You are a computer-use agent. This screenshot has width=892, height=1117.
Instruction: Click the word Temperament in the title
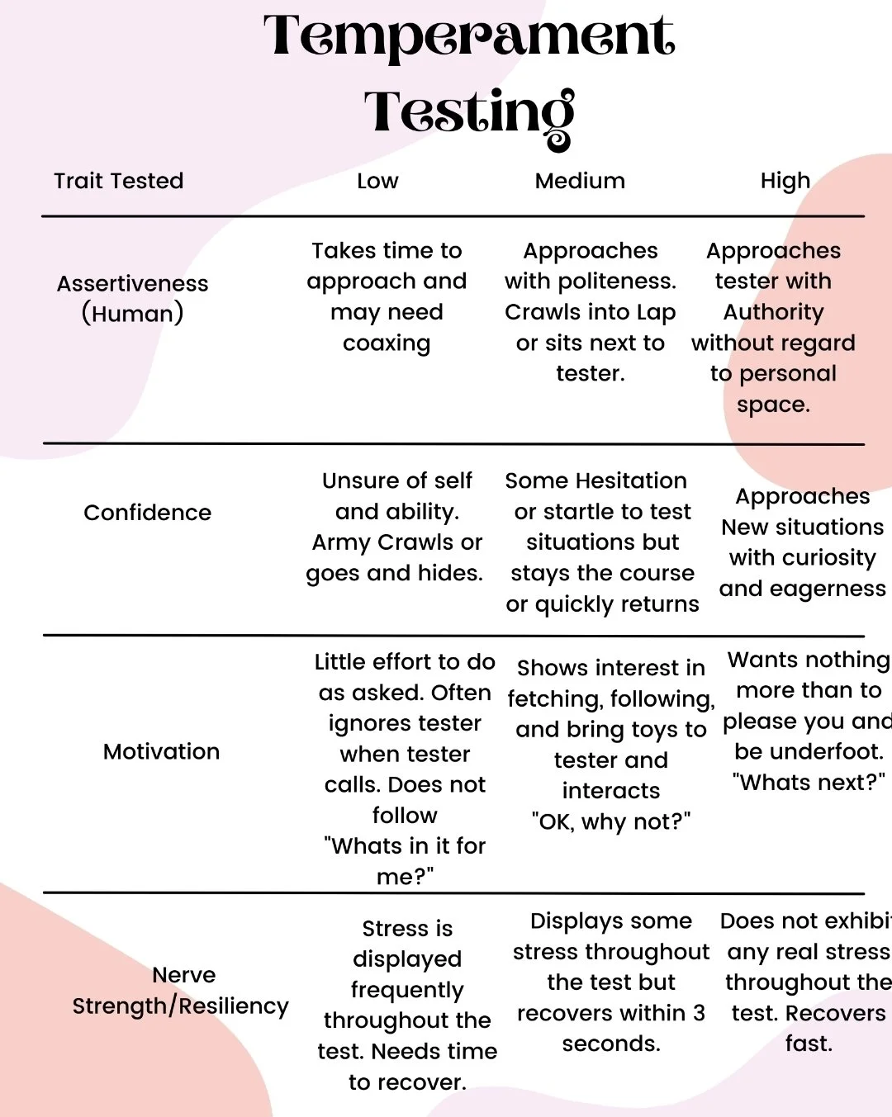tap(469, 36)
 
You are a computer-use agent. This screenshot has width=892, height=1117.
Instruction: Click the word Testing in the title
tap(469, 114)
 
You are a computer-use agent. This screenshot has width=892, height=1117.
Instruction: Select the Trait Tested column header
tap(119, 181)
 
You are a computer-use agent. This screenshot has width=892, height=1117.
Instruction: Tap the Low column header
tap(377, 181)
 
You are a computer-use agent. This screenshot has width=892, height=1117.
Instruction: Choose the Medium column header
tap(580, 181)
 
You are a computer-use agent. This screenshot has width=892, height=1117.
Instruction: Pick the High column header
tap(785, 182)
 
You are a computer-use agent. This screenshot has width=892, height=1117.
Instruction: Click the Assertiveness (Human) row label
tap(133, 298)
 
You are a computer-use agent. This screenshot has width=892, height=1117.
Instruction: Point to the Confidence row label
tap(148, 513)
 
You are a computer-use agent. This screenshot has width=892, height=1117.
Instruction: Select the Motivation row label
tap(162, 751)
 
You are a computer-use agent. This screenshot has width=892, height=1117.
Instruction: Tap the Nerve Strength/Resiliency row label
tap(181, 991)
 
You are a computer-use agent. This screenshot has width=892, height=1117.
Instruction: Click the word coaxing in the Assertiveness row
tap(387, 343)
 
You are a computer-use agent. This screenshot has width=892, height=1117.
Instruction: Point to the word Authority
tap(774, 312)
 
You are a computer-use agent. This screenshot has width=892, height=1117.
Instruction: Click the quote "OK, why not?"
tap(611, 822)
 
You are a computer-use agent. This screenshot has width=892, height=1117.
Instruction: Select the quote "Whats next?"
tap(809, 783)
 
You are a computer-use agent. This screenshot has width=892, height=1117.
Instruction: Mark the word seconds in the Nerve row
tap(610, 1044)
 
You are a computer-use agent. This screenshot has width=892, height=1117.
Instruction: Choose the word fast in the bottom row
tap(809, 1044)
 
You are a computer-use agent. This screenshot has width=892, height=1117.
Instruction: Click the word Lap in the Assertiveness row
tap(657, 312)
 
